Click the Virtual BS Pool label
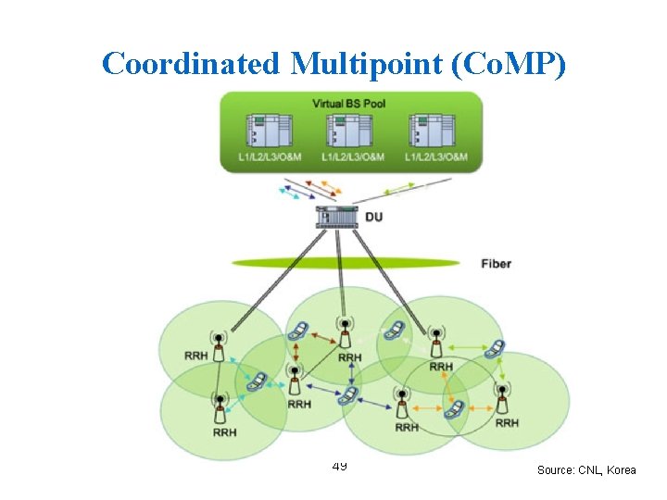pos(349,104)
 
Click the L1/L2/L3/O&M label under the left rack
pos(264,157)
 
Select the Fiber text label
pos(496,264)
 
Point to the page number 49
pos(339,465)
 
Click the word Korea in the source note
pos(621,470)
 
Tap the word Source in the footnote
pos(556,470)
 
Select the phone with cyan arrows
pos(256,381)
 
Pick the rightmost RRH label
pos(507,423)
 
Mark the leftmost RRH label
pos(196,356)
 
